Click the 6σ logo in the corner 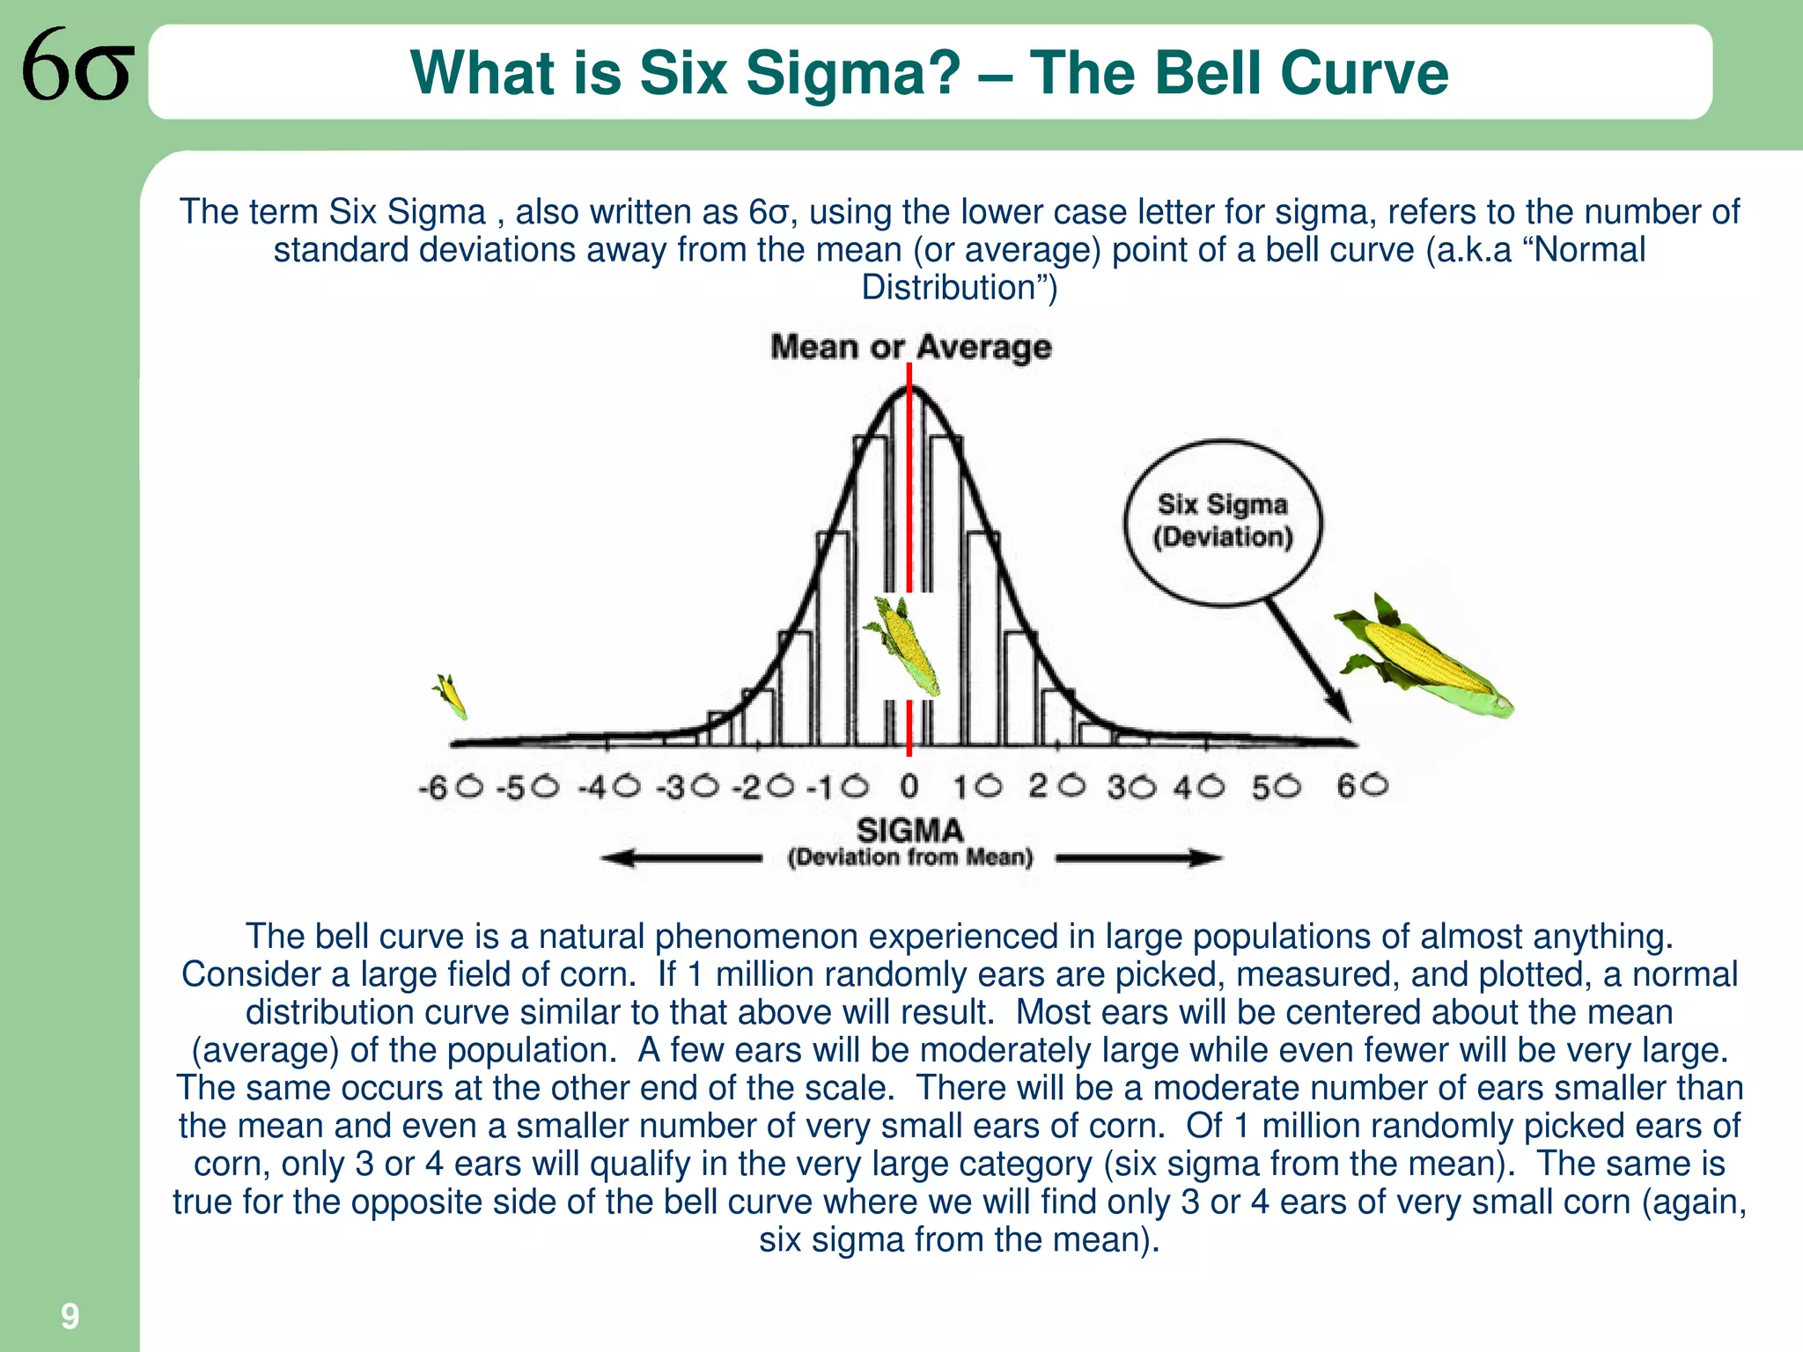77,65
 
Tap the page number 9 70,1316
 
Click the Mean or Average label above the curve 910,347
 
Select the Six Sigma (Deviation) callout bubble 1223,521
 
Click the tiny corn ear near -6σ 450,696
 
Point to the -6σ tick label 452,786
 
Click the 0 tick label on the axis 909,786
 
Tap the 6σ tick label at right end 1362,784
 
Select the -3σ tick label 688,786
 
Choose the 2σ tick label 1056,785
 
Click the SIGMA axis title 910,830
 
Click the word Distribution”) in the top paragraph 959,288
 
